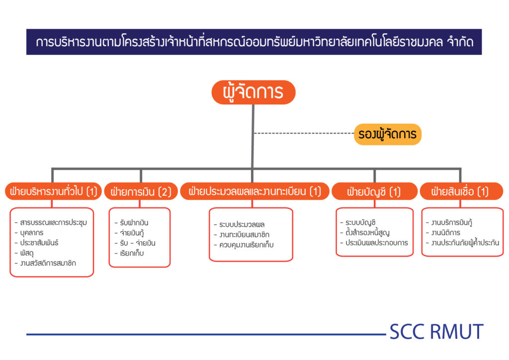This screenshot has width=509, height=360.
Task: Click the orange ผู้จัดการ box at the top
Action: [253, 92]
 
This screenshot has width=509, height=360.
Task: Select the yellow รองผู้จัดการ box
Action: [387, 134]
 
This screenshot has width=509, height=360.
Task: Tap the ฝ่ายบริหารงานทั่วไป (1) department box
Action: [53, 191]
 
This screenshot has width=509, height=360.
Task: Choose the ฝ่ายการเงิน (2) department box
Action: [141, 191]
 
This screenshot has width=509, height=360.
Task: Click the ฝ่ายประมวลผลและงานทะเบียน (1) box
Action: [255, 191]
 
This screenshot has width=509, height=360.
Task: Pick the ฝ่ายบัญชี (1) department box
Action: [374, 191]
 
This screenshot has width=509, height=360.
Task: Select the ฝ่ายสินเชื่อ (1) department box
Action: [461, 191]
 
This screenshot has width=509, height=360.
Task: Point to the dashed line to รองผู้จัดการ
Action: [304, 133]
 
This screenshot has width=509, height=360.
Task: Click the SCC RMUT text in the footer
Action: [436, 332]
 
